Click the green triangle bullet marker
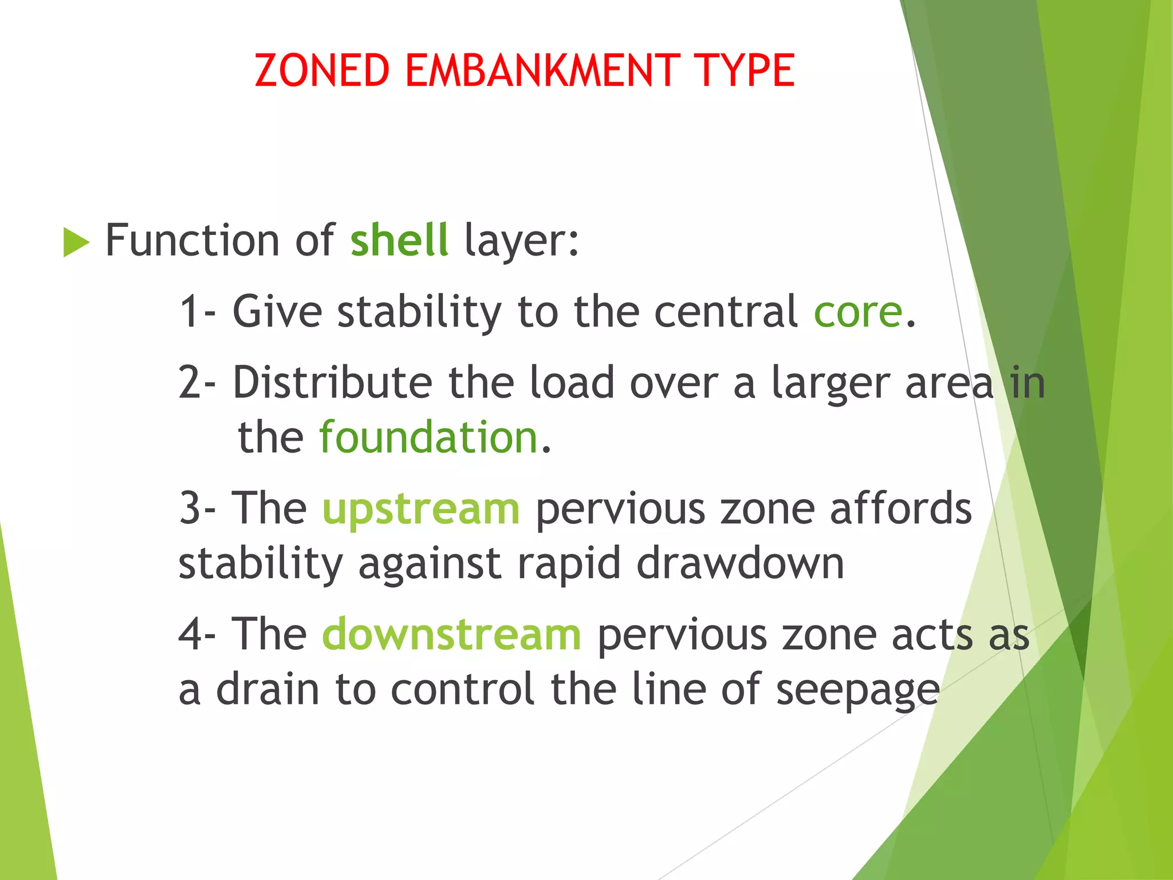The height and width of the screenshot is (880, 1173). point(76,242)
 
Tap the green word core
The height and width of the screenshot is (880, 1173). point(857,313)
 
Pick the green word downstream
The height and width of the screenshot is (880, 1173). point(452,635)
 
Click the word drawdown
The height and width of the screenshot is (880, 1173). point(740,564)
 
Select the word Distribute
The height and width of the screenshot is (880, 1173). point(332,383)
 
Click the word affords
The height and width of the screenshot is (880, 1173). point(900,508)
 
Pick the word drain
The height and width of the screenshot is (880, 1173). point(267,689)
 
